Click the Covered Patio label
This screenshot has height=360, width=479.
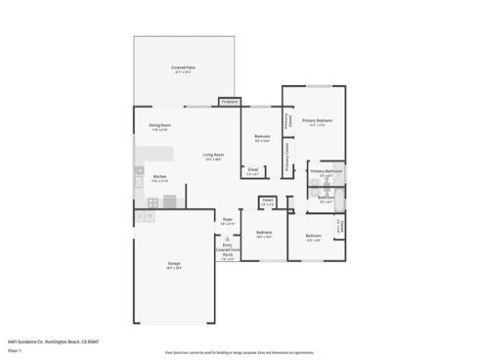pos(182,69)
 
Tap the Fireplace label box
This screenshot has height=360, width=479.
pos(230,102)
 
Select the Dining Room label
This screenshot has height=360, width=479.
pos(159,127)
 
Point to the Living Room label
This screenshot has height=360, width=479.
pos(213,157)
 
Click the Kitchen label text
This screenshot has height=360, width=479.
pos(159,178)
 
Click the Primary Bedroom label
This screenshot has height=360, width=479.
pos(316,121)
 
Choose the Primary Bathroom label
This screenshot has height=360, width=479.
pos(325,172)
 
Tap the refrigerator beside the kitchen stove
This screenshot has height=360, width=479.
pos(169,202)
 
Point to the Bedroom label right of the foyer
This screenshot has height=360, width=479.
pos(263,236)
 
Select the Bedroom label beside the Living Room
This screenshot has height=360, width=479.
pos(262,138)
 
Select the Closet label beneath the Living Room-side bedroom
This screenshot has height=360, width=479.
pos(252,171)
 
